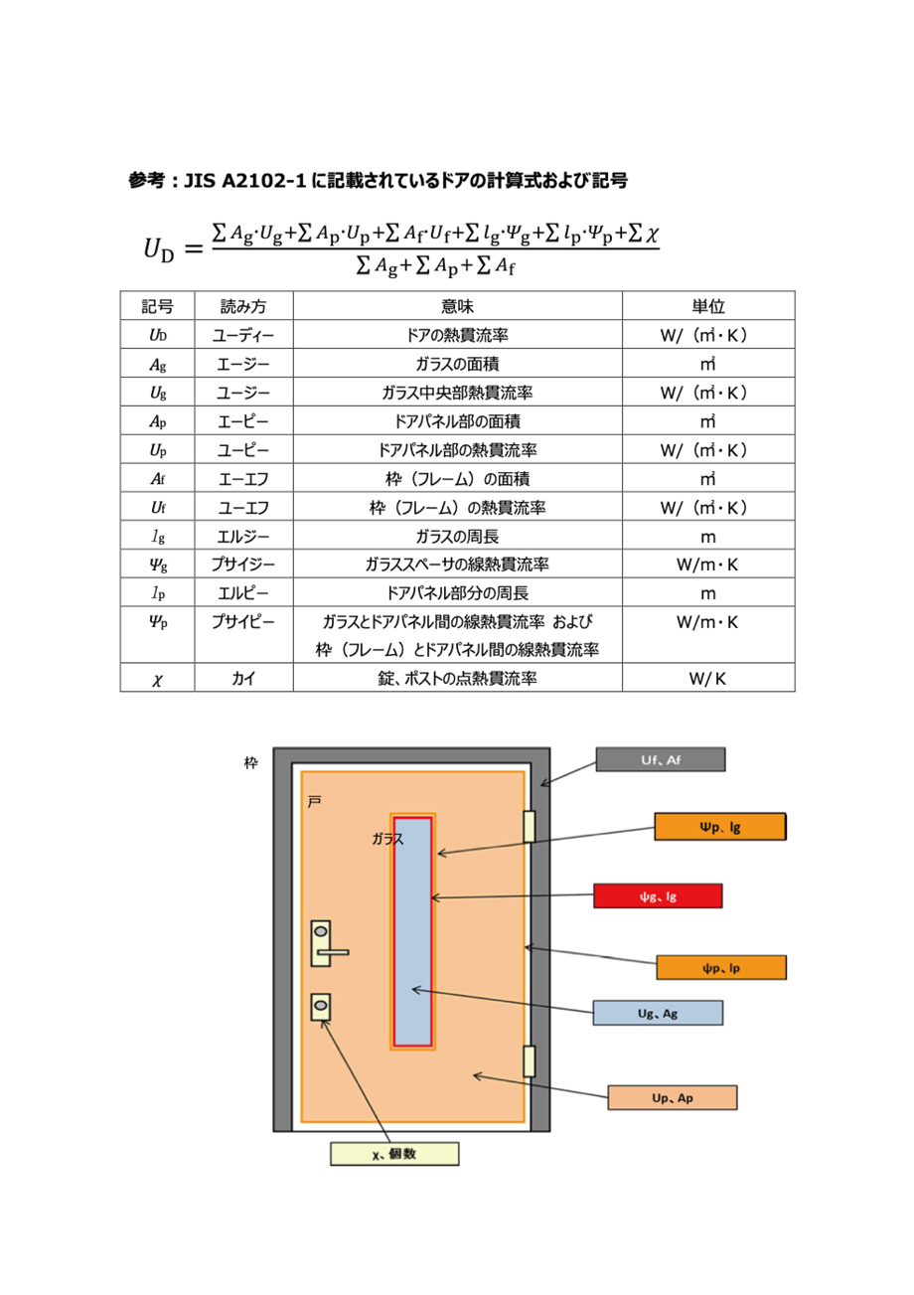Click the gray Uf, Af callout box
tap(660, 759)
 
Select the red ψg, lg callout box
tap(658, 895)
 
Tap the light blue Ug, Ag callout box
tap(658, 1013)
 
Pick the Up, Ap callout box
tap(672, 1097)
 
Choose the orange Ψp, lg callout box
tap(720, 826)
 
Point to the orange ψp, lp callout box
tap(721, 967)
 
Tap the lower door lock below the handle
tap(321, 1007)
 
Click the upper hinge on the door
tap(529, 826)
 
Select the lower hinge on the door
tap(529, 1061)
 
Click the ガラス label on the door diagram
tap(387, 838)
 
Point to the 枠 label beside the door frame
tap(250, 763)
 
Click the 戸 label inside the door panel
tap(314, 801)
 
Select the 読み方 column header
tap(243, 306)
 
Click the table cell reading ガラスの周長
tap(457, 537)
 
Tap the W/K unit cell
tap(707, 678)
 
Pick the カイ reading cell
tap(243, 678)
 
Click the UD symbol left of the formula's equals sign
tap(159, 250)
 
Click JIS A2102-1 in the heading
tap(244, 181)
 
